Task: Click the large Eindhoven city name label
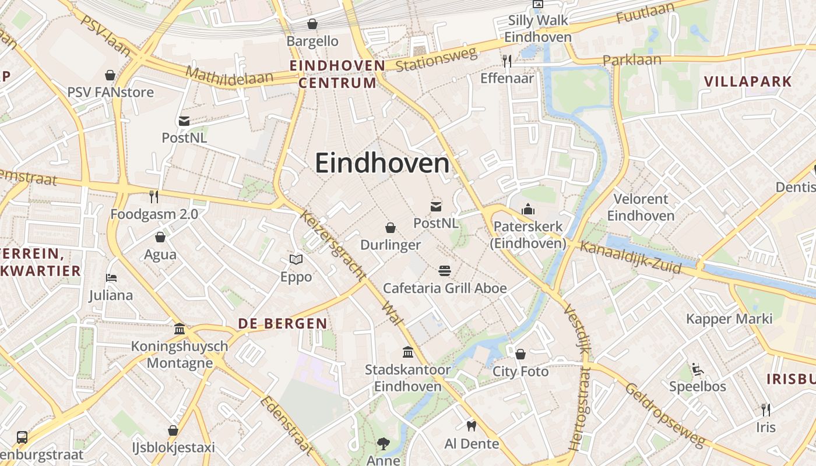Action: (382, 164)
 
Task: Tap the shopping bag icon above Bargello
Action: (312, 24)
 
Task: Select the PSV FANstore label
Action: (111, 92)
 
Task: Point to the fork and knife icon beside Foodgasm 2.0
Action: (154, 197)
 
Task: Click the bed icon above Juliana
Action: (111, 278)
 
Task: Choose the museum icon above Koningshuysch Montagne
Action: (180, 329)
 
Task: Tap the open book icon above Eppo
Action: (296, 260)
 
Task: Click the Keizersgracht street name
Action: (333, 245)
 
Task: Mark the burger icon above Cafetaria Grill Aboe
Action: (445, 271)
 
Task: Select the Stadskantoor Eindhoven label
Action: (408, 378)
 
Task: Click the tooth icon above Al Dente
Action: (472, 426)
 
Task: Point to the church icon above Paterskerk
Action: (528, 209)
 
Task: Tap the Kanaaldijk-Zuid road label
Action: (631, 257)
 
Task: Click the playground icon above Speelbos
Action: (697, 369)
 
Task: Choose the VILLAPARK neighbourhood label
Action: (748, 81)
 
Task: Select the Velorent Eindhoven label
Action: (641, 207)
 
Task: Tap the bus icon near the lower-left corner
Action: (22, 437)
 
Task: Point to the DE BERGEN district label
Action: (283, 324)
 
